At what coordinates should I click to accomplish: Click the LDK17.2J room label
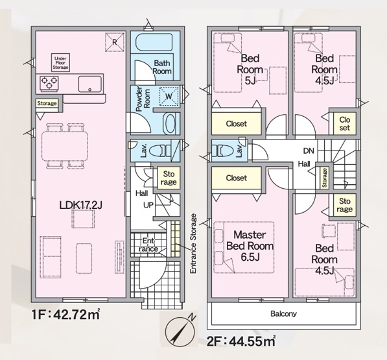(x=81, y=205)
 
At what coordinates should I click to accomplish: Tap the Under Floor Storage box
(x=60, y=63)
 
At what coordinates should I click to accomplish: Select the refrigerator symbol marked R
(x=115, y=42)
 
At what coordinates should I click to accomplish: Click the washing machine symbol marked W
(x=169, y=96)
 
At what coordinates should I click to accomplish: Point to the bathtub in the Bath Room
(x=154, y=43)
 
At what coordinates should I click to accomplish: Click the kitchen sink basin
(x=90, y=84)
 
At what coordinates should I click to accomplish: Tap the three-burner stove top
(x=49, y=83)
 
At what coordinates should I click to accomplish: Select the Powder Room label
(x=143, y=99)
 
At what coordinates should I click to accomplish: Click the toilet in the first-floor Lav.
(x=160, y=150)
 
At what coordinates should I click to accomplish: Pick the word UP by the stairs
(x=148, y=205)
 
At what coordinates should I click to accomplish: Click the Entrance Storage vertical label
(x=193, y=243)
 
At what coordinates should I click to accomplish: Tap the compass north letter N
(x=192, y=317)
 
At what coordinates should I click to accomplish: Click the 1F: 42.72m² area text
(x=65, y=315)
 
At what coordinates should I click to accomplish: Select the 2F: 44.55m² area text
(x=241, y=341)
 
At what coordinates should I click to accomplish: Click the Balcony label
(x=283, y=314)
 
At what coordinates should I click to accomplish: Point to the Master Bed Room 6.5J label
(x=250, y=246)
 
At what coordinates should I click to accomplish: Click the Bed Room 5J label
(x=250, y=69)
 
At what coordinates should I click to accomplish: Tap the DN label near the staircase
(x=309, y=150)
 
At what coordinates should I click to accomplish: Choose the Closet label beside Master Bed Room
(x=237, y=178)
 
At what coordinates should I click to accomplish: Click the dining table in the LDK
(x=65, y=147)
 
